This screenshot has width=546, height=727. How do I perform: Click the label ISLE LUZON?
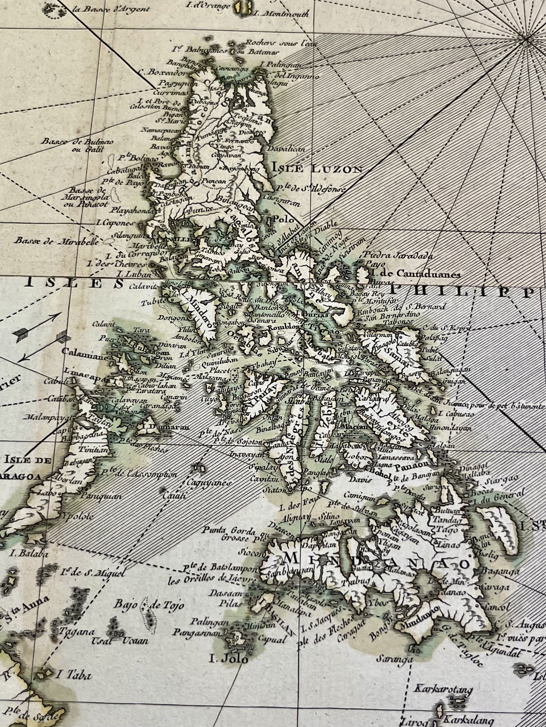(316, 169)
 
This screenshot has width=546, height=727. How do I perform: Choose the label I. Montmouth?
(281, 14)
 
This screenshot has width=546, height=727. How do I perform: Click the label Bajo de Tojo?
(149, 605)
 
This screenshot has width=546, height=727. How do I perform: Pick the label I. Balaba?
(34, 553)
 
